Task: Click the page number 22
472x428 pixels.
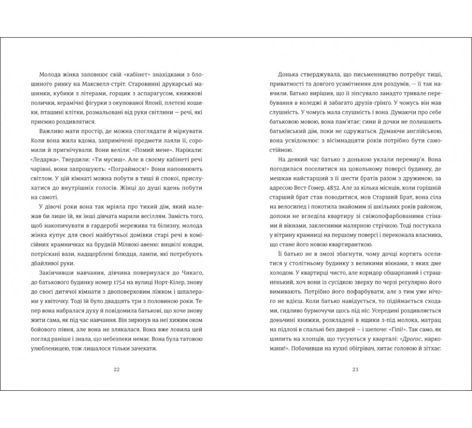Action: click(x=116, y=370)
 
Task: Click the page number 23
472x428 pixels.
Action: click(x=355, y=370)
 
